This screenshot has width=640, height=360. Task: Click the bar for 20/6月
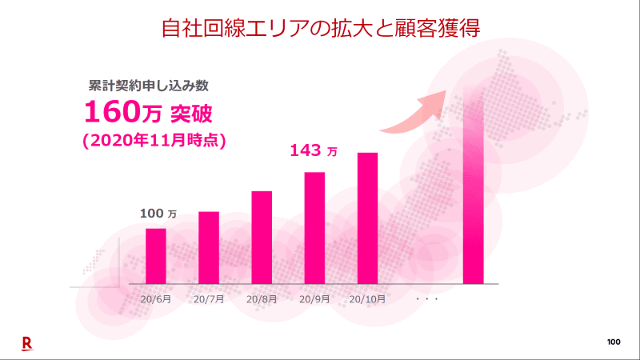pyautogui.click(x=156, y=256)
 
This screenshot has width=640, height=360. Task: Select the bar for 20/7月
pyautogui.click(x=209, y=247)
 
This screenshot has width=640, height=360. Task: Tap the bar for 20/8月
pyautogui.click(x=262, y=237)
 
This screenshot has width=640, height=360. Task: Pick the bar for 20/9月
pyautogui.click(x=314, y=227)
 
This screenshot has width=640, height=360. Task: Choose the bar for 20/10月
pyautogui.click(x=367, y=218)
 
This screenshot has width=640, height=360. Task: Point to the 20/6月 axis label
pyautogui.click(x=156, y=299)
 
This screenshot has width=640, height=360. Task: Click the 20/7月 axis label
pyautogui.click(x=209, y=299)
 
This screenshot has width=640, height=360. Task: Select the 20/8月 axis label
pyautogui.click(x=262, y=299)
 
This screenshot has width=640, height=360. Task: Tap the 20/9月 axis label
pyautogui.click(x=314, y=299)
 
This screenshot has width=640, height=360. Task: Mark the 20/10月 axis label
pyautogui.click(x=368, y=299)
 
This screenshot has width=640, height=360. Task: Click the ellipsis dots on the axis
pyautogui.click(x=428, y=299)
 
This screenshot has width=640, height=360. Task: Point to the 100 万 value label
pyautogui.click(x=158, y=213)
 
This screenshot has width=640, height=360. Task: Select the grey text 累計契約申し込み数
pyautogui.click(x=148, y=84)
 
